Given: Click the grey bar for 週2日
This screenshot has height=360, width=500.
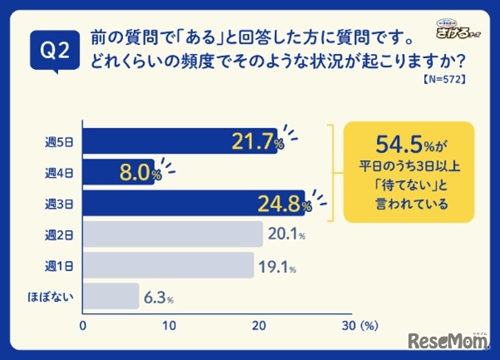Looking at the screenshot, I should pyautogui.click(x=172, y=234).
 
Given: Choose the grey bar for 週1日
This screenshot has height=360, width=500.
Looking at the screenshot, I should pyautogui.click(x=167, y=265).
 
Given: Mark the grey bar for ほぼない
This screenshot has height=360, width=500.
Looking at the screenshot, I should pyautogui.click(x=111, y=296).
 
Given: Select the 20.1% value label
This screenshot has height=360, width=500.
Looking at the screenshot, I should pyautogui.click(x=286, y=234).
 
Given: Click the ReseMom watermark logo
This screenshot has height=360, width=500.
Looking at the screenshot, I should pyautogui.click(x=449, y=341).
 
